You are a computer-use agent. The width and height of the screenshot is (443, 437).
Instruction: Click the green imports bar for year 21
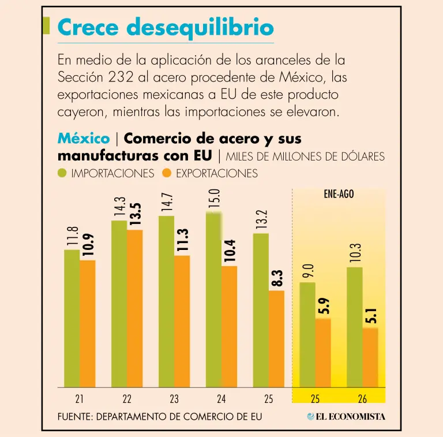pyautogui.click(x=72, y=318)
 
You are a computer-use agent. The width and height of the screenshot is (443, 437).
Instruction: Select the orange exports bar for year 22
pyautogui.click(x=135, y=308)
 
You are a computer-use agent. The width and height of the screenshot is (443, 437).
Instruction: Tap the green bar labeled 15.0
pyautogui.click(x=213, y=300)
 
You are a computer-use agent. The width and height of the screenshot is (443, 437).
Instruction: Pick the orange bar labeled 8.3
pyautogui.click(x=276, y=339)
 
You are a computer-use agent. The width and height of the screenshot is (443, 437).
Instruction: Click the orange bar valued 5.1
pyautogui.click(x=370, y=357)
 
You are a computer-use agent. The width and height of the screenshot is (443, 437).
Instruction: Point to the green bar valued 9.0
pyautogui.click(x=307, y=335)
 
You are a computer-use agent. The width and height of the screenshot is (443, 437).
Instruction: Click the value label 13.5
pyautogui.click(x=136, y=214)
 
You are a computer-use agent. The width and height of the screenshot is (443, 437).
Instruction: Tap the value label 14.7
pyautogui.click(x=167, y=202)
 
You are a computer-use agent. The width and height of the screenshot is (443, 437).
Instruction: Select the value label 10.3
pyautogui.click(x=355, y=253)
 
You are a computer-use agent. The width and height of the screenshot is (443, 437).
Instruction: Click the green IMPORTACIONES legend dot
pyautogui.click(x=62, y=173)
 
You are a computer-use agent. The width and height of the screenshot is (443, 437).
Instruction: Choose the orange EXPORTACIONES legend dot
pyautogui.click(x=167, y=173)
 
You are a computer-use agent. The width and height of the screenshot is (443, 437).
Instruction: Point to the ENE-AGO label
pyautogui.click(x=339, y=194)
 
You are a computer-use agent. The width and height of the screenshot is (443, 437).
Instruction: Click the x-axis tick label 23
pyautogui.click(x=174, y=399)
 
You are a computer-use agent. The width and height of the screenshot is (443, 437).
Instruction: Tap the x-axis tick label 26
pyautogui.click(x=362, y=399)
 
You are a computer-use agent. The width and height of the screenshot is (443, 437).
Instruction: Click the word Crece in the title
pyautogui.click(x=88, y=27)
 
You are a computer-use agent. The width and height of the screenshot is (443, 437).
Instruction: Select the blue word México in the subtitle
pyautogui.click(x=84, y=139)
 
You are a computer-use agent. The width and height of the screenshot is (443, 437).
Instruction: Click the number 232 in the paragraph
pyautogui.click(x=121, y=77)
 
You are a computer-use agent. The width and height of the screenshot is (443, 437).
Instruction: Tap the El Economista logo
pyautogui.click(x=346, y=416)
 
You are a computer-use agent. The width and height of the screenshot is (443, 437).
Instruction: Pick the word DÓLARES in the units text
pyautogui.click(x=363, y=156)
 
